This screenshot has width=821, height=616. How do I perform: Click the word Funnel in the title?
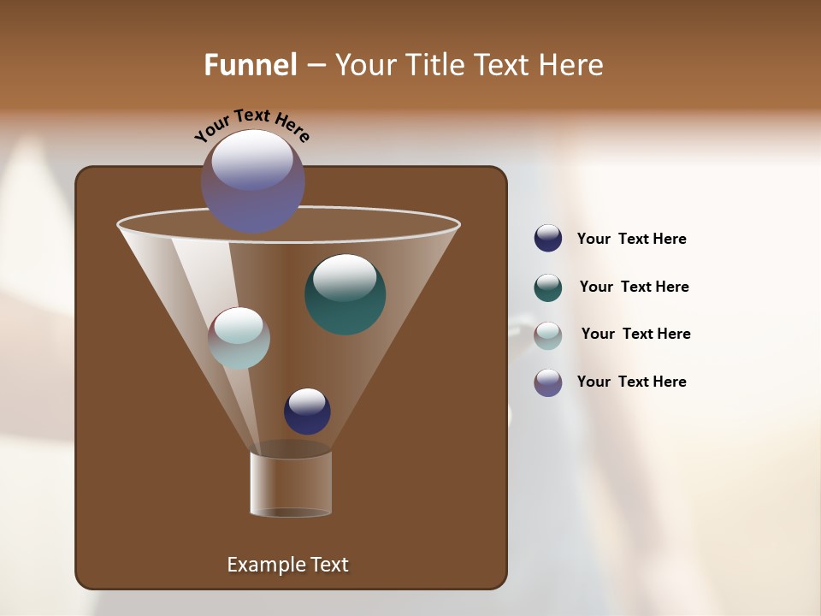(x=250, y=64)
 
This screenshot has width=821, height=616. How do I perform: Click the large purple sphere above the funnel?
(x=253, y=181)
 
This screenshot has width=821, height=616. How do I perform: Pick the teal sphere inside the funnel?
(x=346, y=295)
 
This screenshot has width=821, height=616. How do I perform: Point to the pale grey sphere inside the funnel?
(x=239, y=338)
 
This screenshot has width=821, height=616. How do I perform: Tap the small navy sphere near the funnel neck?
(x=307, y=412)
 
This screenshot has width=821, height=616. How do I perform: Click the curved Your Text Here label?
(x=251, y=125)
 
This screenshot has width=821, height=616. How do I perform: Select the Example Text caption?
(x=287, y=565)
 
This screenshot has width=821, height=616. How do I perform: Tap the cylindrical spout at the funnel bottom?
(x=291, y=483)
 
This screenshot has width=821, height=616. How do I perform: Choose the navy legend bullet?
(x=548, y=239)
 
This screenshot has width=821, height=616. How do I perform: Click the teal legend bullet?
(x=548, y=287)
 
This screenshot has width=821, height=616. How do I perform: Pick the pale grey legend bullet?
(x=548, y=335)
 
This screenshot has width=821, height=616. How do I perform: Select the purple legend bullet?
(x=548, y=382)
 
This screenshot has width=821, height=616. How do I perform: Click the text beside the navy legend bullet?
(x=631, y=240)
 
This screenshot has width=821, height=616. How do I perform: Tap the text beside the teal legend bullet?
(x=634, y=287)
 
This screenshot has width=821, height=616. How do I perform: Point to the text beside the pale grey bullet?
(x=635, y=334)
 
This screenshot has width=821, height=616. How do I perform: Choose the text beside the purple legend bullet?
(x=631, y=382)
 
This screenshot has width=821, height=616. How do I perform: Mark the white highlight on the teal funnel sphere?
(x=345, y=277)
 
